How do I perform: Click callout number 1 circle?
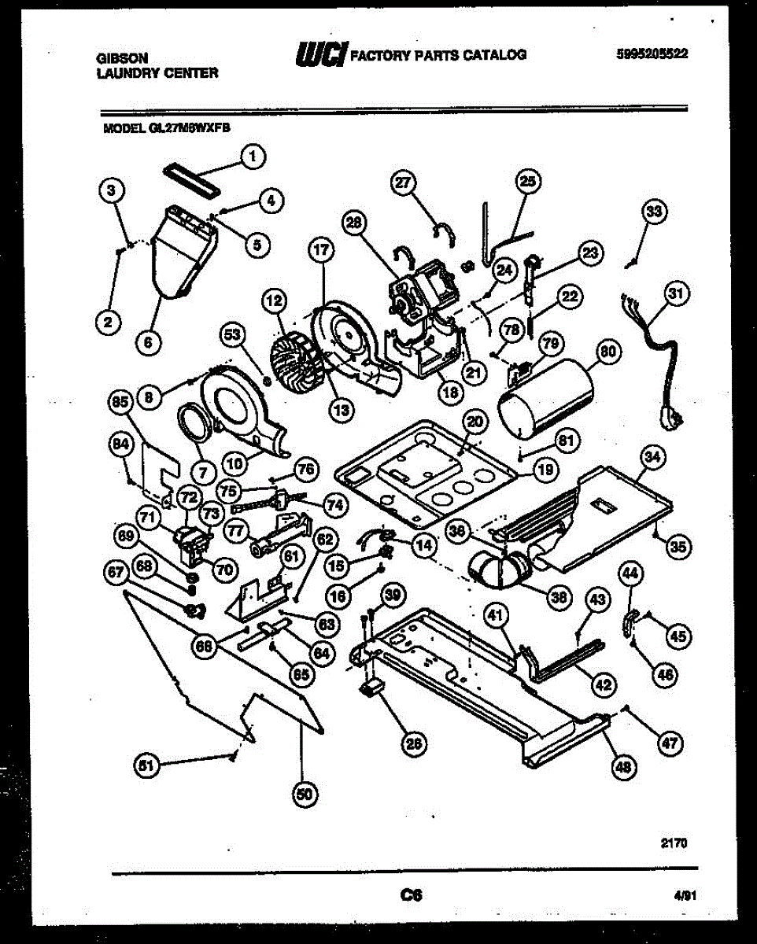[252, 157]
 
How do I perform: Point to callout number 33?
[654, 212]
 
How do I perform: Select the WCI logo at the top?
[320, 53]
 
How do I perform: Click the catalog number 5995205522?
[652, 54]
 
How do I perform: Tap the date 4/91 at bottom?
[685, 894]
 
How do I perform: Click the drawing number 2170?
[673, 843]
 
